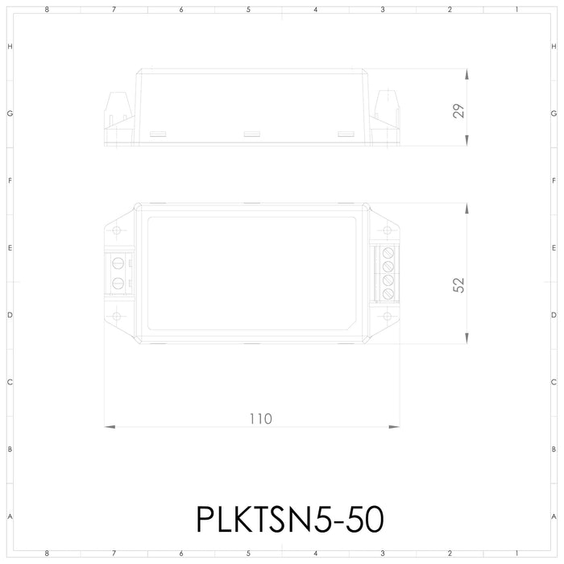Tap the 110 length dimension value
coord(259,419)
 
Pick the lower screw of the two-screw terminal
coord(118,282)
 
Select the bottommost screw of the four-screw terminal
coord(388,293)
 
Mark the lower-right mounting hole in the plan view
coord(388,316)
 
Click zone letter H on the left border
coord(10,47)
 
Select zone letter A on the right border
coord(554,516)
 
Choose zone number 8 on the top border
coord(48,10)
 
